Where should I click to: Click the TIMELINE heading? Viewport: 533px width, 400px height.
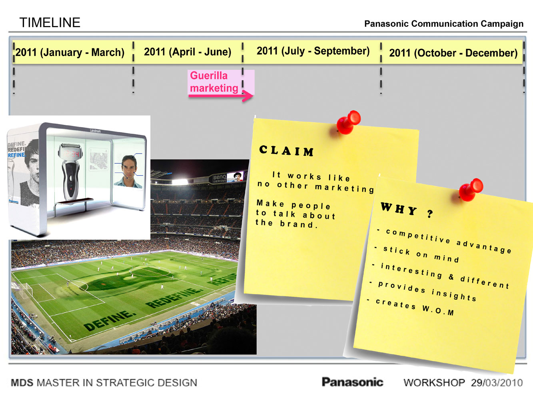[50, 22]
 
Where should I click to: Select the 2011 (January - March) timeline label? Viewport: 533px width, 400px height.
[70, 52]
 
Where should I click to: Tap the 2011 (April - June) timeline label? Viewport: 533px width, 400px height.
[188, 52]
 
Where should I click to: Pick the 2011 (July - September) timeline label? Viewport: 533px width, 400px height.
[313, 51]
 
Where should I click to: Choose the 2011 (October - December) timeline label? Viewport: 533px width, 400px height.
[453, 53]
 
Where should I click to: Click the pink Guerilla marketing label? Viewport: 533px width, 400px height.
[214, 82]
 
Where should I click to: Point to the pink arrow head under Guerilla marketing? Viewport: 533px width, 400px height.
[248, 96]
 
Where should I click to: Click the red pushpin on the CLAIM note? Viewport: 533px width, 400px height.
[348, 122]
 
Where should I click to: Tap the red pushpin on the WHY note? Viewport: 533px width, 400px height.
[470, 190]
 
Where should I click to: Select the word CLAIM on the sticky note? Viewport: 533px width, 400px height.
[287, 151]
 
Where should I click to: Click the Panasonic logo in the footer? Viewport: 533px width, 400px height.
[352, 382]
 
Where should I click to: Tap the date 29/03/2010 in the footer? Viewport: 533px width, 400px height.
[497, 383]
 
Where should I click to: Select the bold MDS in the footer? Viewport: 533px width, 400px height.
[22, 383]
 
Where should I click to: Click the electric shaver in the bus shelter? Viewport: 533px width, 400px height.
[70, 174]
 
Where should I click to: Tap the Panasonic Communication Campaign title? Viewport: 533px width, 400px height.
[444, 24]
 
